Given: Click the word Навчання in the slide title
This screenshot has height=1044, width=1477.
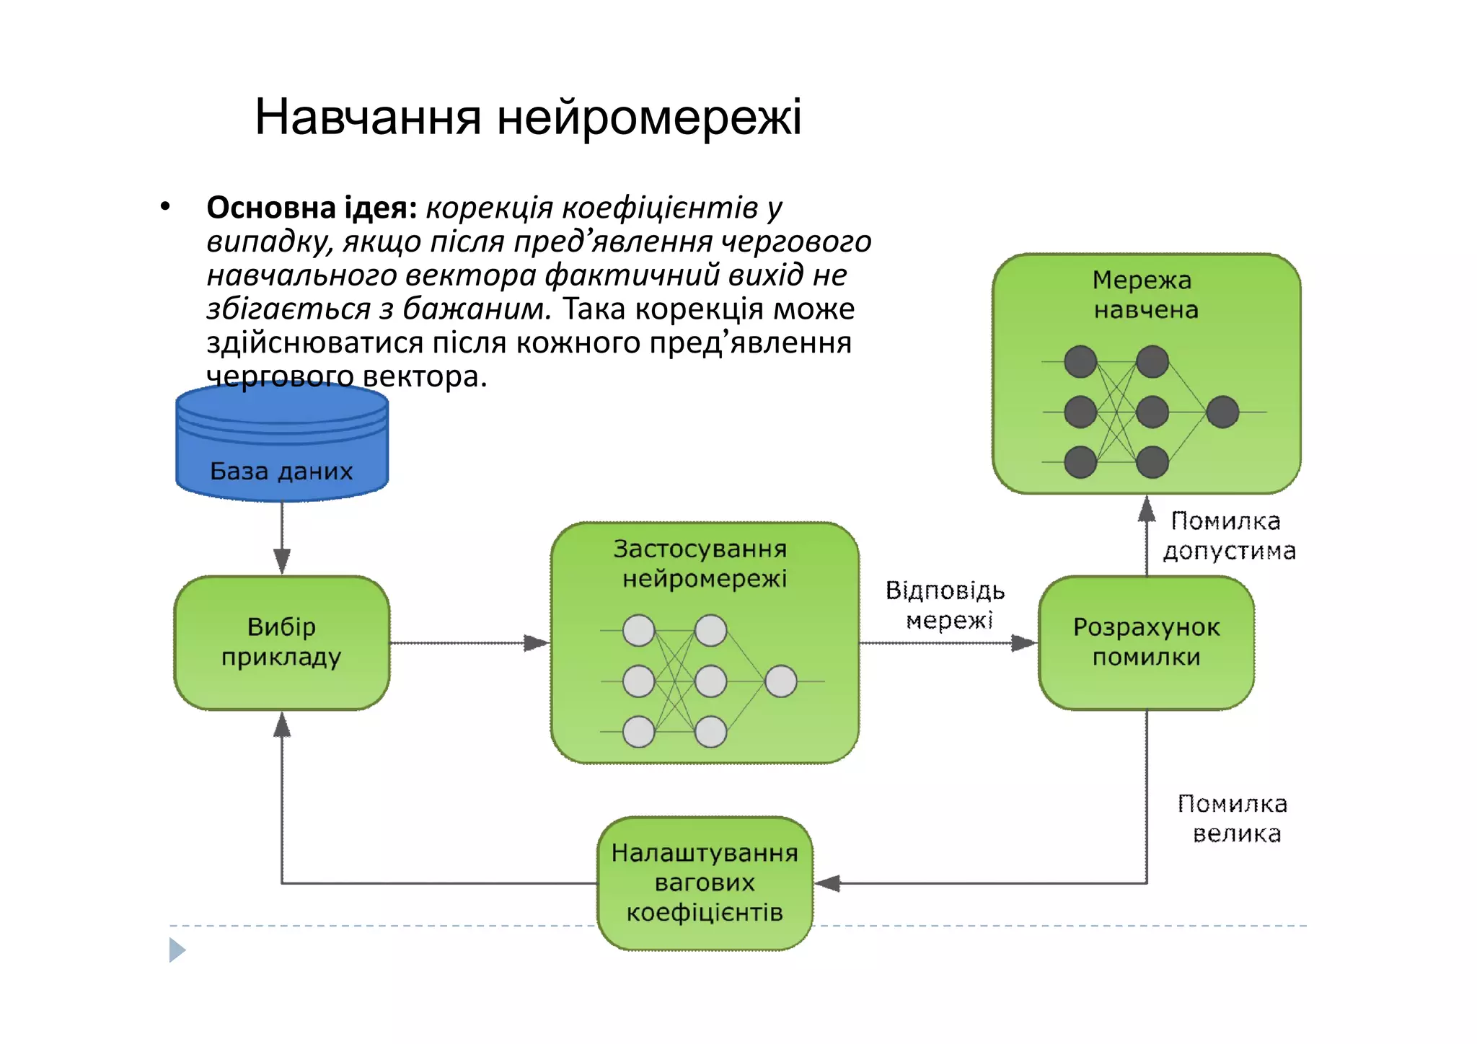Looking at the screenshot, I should point(368,118).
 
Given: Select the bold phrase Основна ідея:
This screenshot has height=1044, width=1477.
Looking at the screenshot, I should point(312,208).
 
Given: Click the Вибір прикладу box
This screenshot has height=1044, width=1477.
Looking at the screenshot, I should point(282,642).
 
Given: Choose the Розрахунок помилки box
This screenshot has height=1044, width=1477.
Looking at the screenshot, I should point(1146,642).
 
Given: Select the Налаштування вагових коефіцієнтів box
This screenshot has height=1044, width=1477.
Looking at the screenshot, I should point(705,882).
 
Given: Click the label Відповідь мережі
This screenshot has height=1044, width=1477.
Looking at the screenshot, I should point(945,605).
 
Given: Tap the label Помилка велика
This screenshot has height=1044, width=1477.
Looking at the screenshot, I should point(1233,818).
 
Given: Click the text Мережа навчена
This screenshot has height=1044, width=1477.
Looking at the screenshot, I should point(1145,295).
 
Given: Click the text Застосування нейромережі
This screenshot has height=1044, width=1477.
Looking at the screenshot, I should point(702,564).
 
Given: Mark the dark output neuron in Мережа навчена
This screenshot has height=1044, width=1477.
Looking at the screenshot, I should point(1222,412).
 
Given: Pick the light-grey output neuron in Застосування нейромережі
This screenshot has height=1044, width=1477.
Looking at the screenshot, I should point(780,681).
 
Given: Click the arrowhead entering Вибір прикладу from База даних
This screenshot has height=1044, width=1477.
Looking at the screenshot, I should point(282,561).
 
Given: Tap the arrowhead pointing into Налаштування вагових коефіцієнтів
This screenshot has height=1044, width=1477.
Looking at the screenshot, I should point(827,883).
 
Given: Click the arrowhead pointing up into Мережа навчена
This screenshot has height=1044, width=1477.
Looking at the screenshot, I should point(1146,509).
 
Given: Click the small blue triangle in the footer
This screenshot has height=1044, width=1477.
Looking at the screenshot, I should point(177,950).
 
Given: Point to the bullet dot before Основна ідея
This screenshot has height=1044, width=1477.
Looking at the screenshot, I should point(165,207).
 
